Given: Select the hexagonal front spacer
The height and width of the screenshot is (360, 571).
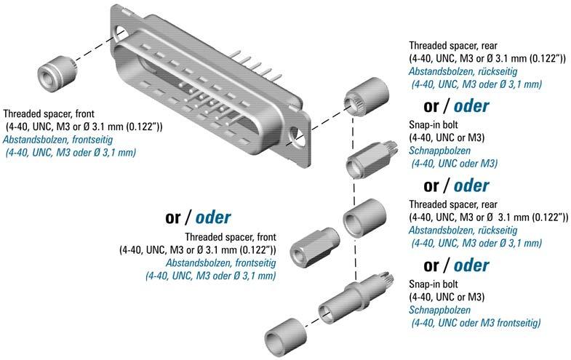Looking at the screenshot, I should click(311, 246).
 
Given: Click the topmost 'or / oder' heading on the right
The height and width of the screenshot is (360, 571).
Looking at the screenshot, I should click(455, 106).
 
